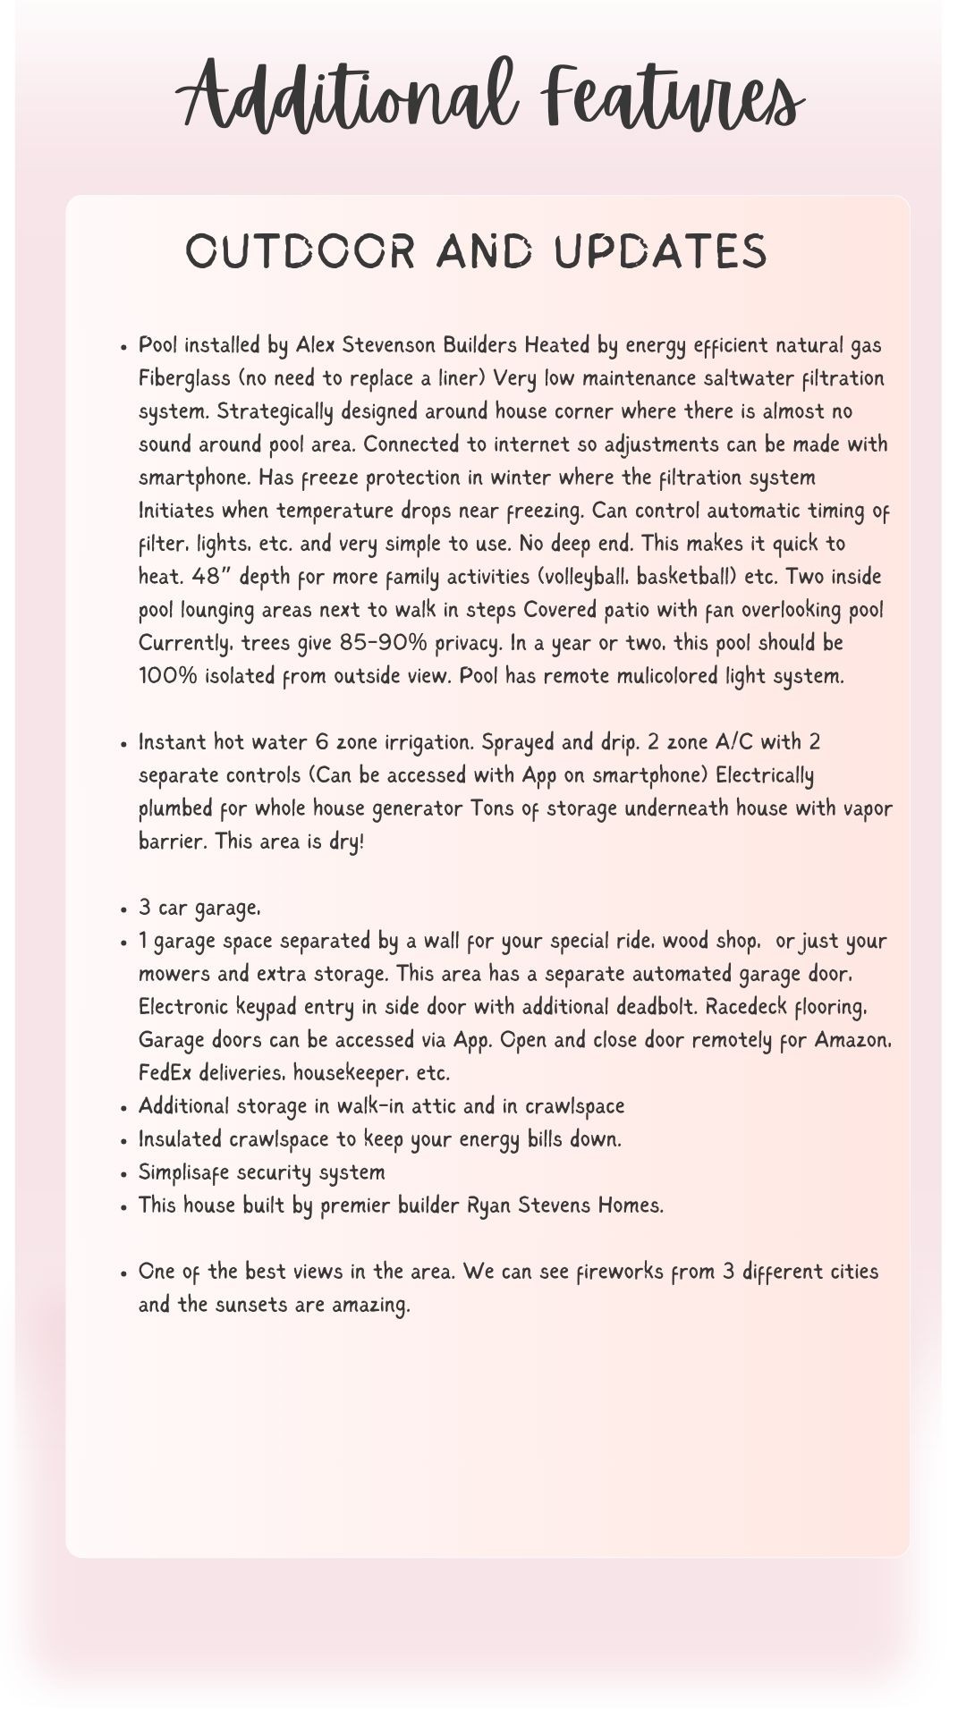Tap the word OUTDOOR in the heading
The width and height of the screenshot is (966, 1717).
pyautogui.click(x=301, y=251)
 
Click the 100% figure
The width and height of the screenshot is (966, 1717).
pyautogui.click(x=168, y=676)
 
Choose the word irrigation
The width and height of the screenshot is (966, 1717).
pyautogui.click(x=407, y=742)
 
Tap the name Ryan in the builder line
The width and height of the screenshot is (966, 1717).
pyautogui.click(x=489, y=1205)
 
